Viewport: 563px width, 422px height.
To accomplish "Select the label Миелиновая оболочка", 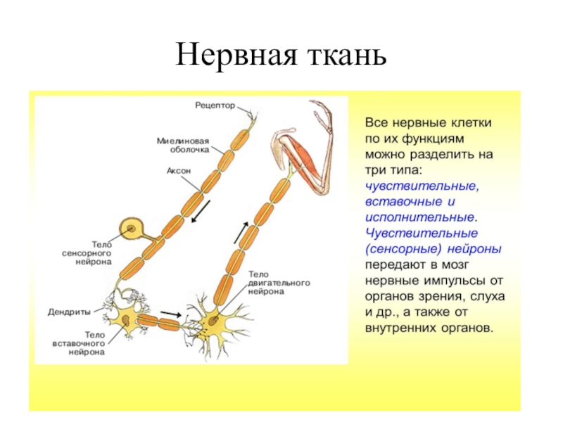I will pos(183,145).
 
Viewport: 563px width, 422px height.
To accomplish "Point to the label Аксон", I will pos(179,171).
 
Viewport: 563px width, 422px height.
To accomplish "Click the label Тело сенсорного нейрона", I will pos(83,252).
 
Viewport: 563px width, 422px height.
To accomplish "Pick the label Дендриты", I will pos(70,310).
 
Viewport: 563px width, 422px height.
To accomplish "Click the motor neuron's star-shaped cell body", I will pos(212,323).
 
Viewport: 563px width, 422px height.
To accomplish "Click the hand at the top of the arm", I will pos(322,111).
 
